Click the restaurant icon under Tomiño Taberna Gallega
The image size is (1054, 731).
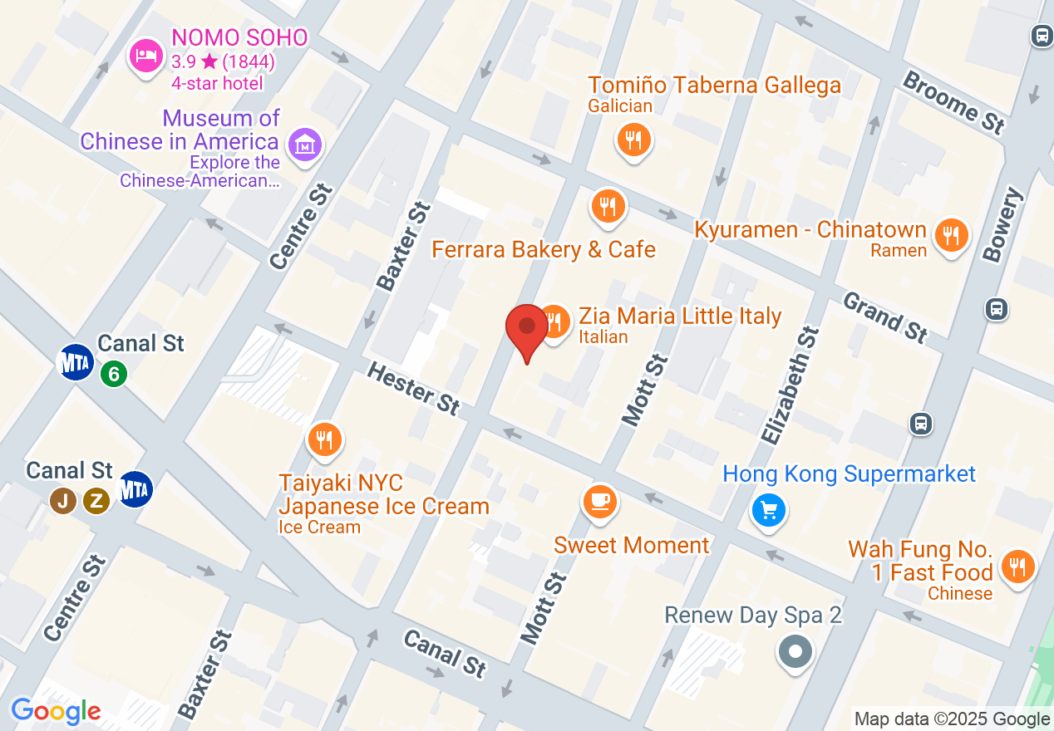click(x=633, y=140)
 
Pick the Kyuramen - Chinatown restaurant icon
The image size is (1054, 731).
click(x=951, y=235)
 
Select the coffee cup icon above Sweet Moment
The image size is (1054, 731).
click(x=598, y=501)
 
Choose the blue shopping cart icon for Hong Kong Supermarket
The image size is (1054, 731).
click(x=768, y=509)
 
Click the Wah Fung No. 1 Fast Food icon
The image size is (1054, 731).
click(x=1017, y=567)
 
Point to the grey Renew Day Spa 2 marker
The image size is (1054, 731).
click(x=795, y=650)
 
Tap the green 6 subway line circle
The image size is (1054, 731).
click(x=114, y=374)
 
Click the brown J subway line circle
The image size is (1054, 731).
click(x=61, y=500)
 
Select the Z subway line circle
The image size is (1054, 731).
click(x=96, y=500)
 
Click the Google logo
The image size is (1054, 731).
click(x=57, y=711)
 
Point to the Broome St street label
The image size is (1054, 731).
click(x=953, y=102)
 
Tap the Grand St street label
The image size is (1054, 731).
click(x=885, y=316)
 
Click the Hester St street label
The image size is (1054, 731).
click(x=413, y=388)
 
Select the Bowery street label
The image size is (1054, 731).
click(x=1002, y=225)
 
